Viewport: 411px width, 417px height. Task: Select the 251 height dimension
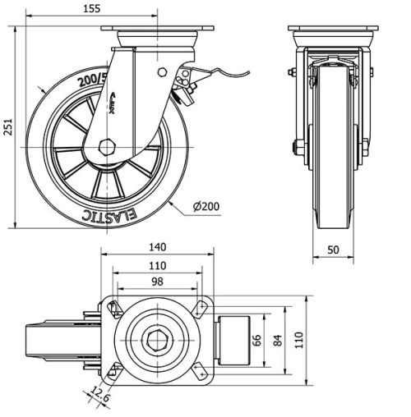pos(9,128)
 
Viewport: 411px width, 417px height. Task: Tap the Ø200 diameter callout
pos(209,207)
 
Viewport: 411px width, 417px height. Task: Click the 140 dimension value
pos(157,246)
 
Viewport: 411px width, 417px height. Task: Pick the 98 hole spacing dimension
pos(157,282)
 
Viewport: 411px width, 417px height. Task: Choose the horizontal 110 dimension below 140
pos(157,265)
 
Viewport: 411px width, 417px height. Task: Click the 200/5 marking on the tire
pos(93,81)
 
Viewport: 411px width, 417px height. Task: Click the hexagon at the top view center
pos(157,339)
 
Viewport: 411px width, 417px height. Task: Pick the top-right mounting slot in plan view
pos(199,308)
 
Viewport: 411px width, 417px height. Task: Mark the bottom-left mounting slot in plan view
pos(114,370)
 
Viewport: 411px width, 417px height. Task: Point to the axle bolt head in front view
pos(295,148)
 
